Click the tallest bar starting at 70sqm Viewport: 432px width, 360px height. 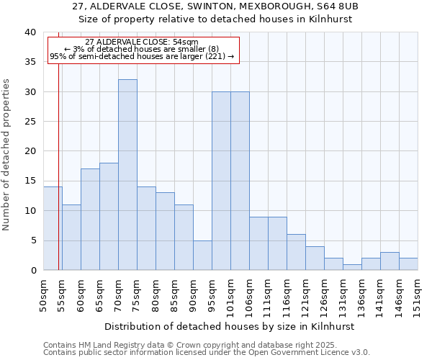127,175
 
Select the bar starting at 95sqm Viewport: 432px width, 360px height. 221,181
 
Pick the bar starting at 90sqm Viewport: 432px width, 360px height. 202,255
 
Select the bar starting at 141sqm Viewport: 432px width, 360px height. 390,261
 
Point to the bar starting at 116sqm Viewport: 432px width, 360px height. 296,252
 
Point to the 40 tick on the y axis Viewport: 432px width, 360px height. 30,32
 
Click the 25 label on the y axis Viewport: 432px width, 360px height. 30,122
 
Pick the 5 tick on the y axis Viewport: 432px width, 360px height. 32,240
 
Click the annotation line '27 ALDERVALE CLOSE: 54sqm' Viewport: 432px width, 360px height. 141,42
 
